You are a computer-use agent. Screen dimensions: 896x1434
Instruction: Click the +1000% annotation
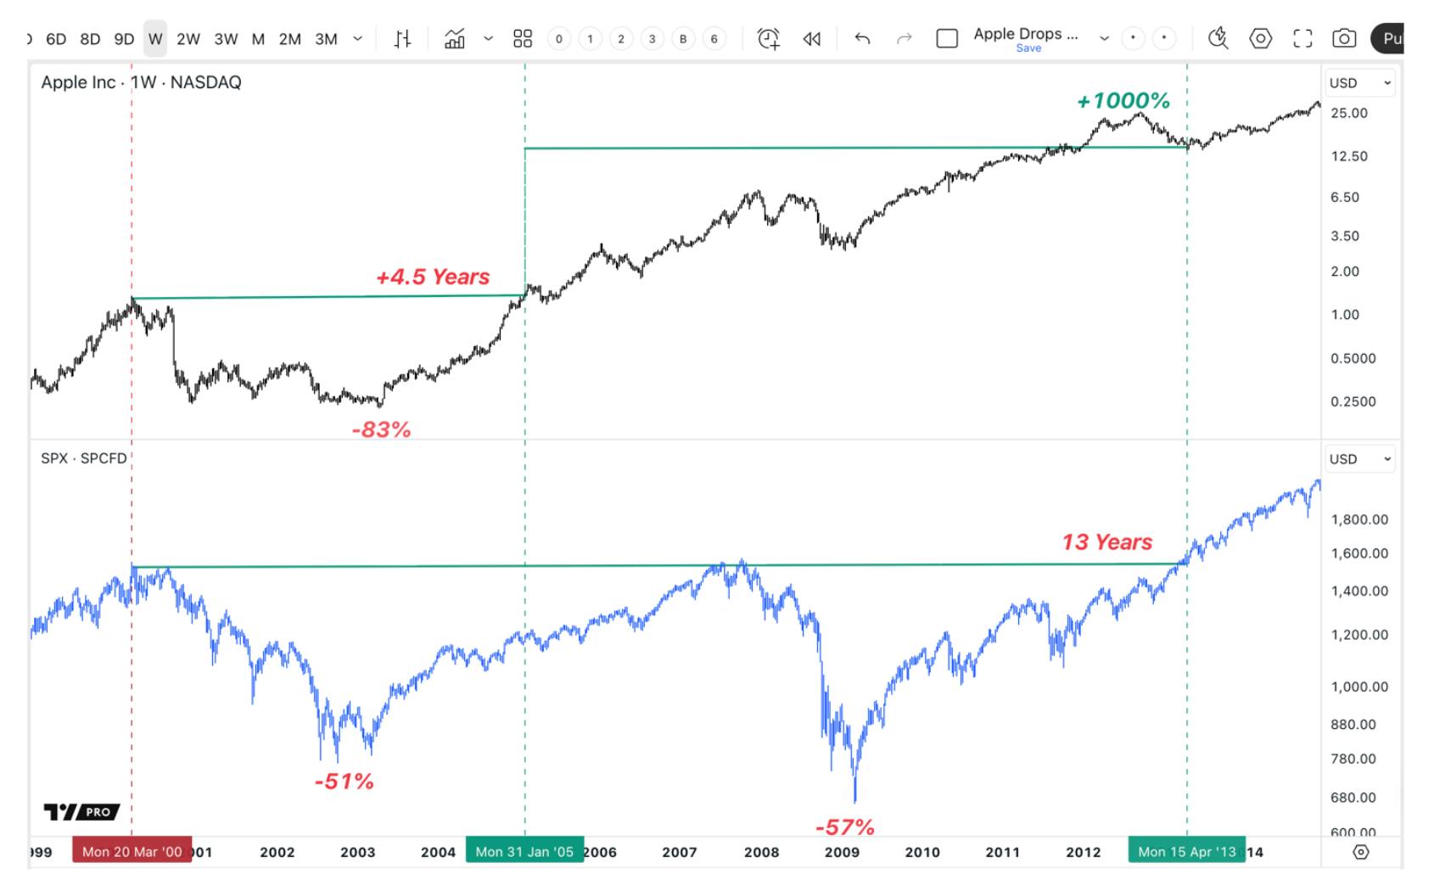1123,101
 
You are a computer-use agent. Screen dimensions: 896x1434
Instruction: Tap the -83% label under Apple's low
381,430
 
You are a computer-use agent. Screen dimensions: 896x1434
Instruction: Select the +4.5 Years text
433,277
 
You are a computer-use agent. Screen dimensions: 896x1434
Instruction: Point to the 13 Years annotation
1106,542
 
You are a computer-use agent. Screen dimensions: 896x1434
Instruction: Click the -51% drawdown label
344,781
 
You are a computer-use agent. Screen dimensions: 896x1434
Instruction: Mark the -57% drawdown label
844,827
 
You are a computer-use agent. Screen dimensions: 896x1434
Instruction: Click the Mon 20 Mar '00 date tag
132,851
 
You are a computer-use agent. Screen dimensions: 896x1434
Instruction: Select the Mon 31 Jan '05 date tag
524,851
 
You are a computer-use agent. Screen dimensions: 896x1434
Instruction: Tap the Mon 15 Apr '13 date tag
1186,851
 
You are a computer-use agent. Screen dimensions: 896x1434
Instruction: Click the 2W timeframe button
188,39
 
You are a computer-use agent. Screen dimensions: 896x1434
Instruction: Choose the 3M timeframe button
326,39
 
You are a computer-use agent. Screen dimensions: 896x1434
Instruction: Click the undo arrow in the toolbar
862,38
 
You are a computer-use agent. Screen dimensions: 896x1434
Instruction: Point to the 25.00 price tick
1349,113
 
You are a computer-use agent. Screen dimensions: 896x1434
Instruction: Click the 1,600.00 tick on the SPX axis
1359,553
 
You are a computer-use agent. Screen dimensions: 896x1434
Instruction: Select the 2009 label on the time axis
842,852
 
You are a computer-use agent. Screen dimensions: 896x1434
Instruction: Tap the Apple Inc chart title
141,82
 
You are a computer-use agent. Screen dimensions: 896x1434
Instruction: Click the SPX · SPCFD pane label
84,458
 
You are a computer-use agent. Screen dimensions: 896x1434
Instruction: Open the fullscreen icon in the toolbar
1302,38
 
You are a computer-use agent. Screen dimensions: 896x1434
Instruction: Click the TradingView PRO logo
81,812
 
